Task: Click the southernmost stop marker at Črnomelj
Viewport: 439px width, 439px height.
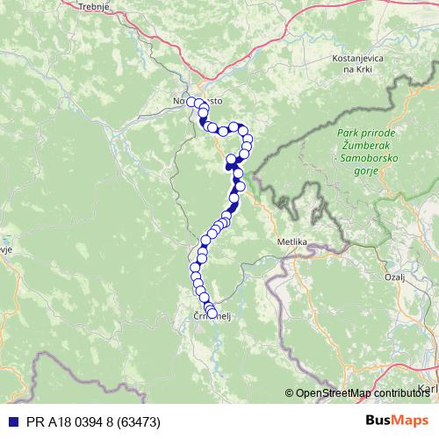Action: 212,313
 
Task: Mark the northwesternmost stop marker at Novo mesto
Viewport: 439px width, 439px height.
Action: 191,102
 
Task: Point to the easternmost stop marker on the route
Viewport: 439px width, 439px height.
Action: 248,145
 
